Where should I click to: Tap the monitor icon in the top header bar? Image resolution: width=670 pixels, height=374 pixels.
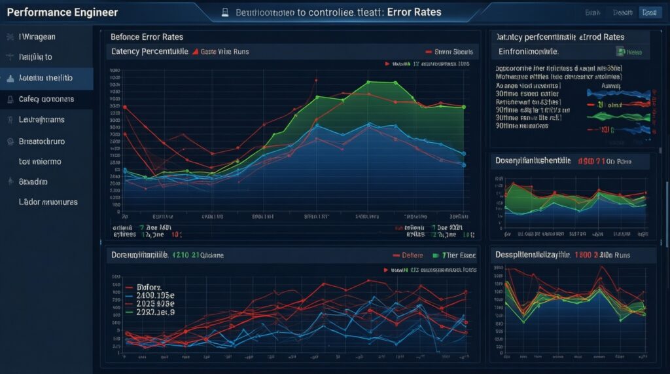tap(224, 12)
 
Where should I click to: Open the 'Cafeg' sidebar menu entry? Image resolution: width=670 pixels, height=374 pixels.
tap(46, 100)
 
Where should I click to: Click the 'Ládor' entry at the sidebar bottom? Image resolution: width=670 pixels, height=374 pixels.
tap(48, 202)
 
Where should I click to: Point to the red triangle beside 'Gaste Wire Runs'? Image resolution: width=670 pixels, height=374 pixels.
tap(195, 51)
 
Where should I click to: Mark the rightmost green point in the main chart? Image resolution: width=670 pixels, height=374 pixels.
tap(463, 107)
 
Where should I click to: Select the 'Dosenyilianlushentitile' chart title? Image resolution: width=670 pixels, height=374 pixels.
tap(533, 160)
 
